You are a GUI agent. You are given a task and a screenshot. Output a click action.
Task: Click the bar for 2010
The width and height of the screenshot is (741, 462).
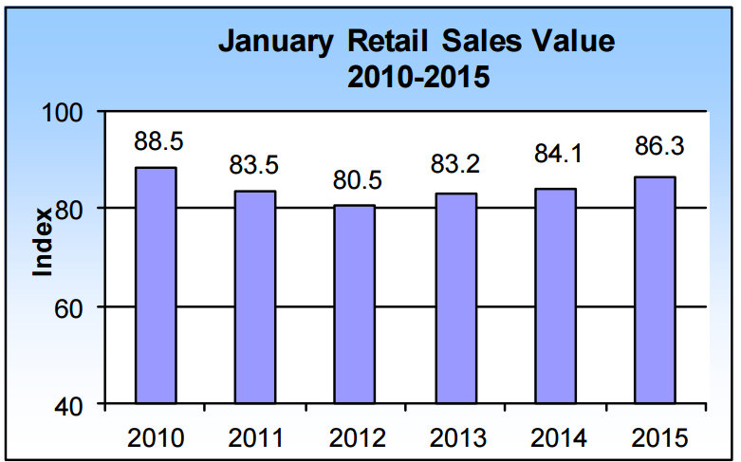[155, 286]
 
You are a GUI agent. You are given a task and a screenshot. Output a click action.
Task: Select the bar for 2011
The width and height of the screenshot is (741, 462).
[255, 298]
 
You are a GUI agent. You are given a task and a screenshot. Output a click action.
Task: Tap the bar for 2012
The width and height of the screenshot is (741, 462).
[355, 305]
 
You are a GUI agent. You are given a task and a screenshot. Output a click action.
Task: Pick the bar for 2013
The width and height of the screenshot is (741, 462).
[455, 299]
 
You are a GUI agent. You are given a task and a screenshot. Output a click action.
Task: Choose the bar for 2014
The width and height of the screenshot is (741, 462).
[555, 296]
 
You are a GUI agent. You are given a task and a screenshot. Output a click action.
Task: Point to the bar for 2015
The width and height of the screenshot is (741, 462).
[655, 290]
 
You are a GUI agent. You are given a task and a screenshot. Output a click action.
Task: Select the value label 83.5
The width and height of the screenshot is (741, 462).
[254, 164]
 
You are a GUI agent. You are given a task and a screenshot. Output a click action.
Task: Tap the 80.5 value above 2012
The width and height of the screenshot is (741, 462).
[355, 179]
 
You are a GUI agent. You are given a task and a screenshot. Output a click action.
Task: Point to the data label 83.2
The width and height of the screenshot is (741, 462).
[454, 166]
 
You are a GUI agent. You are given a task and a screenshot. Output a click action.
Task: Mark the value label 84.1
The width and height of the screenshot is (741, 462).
[555, 162]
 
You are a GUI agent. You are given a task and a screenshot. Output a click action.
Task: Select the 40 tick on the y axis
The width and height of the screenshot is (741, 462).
[75, 406]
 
